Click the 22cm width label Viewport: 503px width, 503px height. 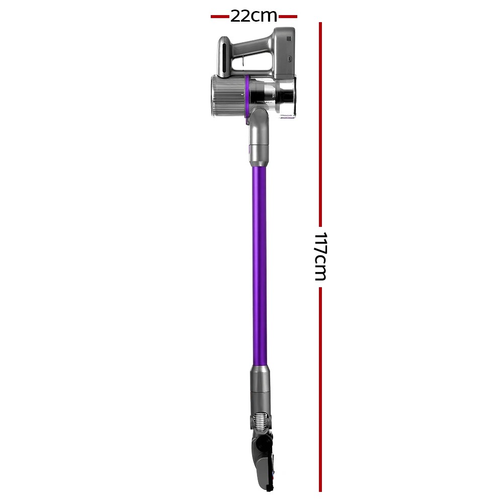(x=254, y=16)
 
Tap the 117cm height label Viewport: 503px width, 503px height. (x=320, y=257)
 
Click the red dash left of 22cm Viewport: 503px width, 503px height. (x=220, y=17)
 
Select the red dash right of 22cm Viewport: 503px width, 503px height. (x=288, y=17)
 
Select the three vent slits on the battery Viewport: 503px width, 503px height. (x=291, y=45)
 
